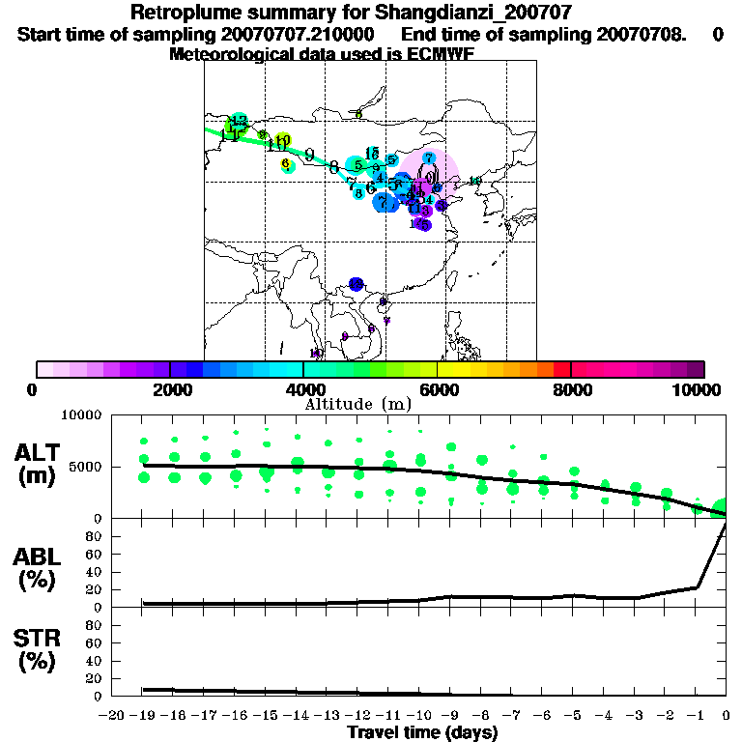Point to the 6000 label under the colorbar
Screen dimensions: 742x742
pos(437,389)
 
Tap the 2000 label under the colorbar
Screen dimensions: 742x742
pos(170,389)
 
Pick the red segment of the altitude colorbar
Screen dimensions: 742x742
pos(562,369)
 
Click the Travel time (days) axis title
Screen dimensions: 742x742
pos(422,732)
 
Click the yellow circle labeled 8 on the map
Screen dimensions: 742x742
pos(287,165)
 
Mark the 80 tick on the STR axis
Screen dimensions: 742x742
pos(95,625)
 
